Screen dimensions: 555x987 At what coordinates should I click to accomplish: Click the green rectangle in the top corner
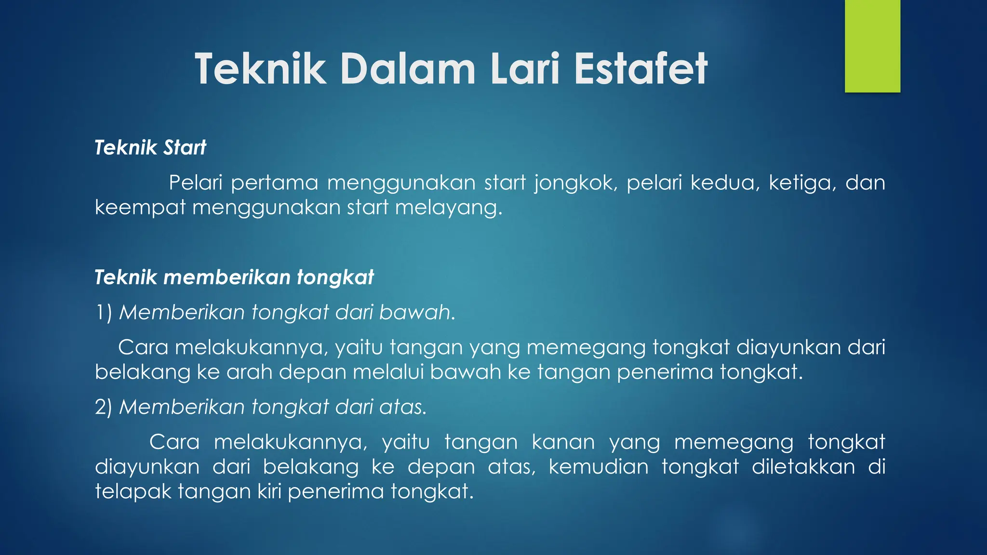(x=872, y=46)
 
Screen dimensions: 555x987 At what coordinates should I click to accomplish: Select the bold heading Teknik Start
(x=150, y=147)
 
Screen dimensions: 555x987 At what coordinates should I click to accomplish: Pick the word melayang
(x=449, y=208)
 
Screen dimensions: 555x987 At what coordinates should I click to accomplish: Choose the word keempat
(x=140, y=208)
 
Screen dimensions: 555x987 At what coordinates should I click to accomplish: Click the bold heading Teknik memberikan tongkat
(x=234, y=277)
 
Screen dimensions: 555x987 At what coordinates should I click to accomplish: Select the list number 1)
(x=104, y=312)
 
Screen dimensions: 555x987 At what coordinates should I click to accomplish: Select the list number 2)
(x=104, y=407)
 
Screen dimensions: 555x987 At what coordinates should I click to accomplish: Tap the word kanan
(x=563, y=442)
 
